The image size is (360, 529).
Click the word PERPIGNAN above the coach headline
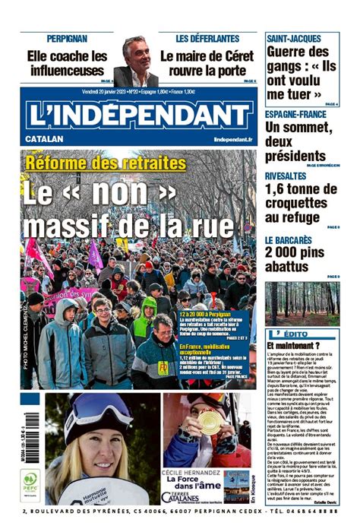[66, 38]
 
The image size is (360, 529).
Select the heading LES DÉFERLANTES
[207, 38]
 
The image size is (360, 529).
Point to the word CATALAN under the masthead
[44, 140]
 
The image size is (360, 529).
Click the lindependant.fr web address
[232, 140]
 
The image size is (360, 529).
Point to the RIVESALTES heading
[286, 176]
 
